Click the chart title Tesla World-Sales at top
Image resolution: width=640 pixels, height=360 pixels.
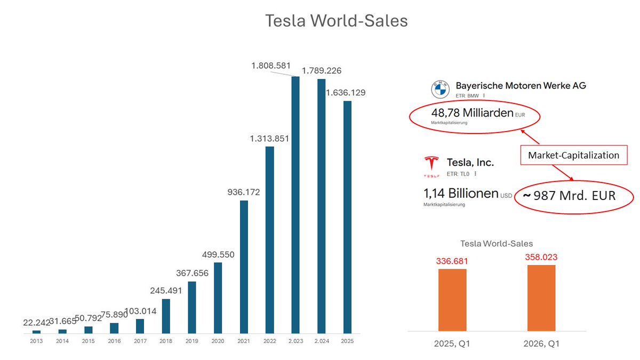tap(337, 21)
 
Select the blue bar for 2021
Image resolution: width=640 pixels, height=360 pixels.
tap(244, 267)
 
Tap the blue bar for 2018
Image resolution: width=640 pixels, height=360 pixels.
tap(166, 316)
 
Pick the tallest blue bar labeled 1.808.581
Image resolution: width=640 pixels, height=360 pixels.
tap(295, 205)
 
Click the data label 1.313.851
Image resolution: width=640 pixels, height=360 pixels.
tap(270, 139)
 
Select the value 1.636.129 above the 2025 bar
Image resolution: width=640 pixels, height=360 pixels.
tap(346, 93)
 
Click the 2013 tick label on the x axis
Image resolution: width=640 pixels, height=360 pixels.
tap(36, 341)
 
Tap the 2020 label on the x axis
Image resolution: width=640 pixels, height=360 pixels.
tap(218, 341)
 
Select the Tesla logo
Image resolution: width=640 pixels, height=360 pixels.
tap(431, 165)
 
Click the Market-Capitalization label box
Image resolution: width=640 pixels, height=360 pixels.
tap(573, 155)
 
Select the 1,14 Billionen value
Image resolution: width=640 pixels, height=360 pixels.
tap(461, 193)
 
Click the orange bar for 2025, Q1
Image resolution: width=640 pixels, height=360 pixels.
tap(452, 299)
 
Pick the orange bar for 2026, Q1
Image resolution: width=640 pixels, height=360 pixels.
tap(541, 298)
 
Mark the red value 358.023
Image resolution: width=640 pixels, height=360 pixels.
tap(541, 257)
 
